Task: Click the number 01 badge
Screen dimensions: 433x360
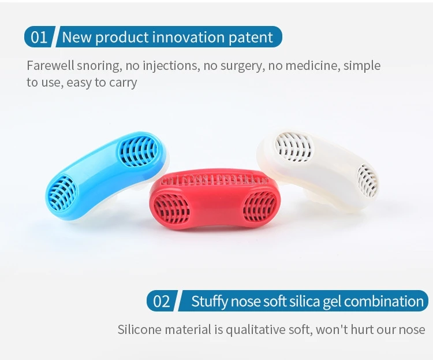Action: click(39, 37)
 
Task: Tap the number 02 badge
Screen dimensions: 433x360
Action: click(162, 301)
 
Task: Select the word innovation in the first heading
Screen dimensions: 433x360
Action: click(188, 37)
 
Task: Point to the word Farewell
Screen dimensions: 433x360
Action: click(50, 65)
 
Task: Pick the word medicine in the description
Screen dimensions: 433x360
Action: click(312, 66)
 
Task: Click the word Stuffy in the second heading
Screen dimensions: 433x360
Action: click(210, 301)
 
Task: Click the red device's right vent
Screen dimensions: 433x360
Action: click(259, 206)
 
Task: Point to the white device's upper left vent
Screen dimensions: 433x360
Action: click(293, 147)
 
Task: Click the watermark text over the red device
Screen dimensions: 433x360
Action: click(214, 180)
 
